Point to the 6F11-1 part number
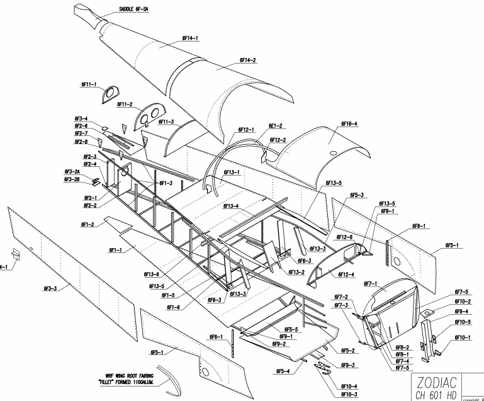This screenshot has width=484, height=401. (x=89, y=84)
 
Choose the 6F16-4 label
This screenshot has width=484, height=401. (x=349, y=124)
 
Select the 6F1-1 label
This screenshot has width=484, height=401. (x=115, y=251)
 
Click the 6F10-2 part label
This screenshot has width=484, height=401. (x=463, y=302)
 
